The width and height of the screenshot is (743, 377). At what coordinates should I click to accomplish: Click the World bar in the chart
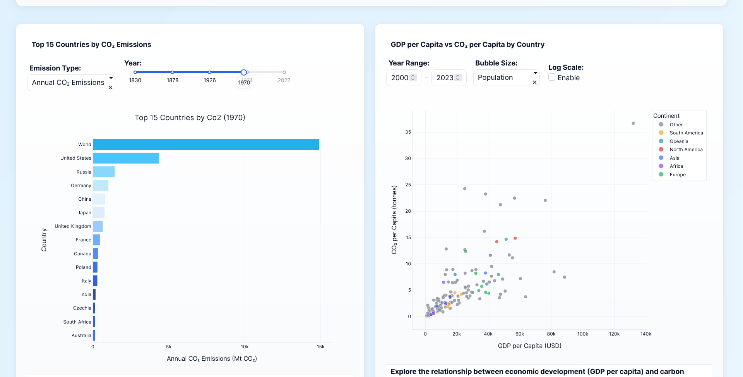click(206, 145)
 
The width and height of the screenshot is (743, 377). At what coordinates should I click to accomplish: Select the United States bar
click(126, 158)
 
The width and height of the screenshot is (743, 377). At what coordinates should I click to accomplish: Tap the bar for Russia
click(104, 172)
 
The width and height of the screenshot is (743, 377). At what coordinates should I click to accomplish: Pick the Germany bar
click(101, 185)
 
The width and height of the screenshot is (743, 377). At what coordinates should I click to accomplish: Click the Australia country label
click(81, 336)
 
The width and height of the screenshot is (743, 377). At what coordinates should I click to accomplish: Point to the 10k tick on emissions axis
click(245, 347)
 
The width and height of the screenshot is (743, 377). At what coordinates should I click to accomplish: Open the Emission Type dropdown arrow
click(111, 78)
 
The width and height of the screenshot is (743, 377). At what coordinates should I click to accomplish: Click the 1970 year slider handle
click(244, 72)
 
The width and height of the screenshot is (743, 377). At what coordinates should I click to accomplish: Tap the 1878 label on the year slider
click(173, 80)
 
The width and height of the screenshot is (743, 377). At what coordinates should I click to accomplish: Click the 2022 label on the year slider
click(284, 80)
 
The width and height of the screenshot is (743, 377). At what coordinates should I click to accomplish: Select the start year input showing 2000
click(400, 78)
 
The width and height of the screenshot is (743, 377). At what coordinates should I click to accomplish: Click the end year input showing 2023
click(445, 78)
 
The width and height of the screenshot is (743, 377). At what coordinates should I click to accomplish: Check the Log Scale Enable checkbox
click(552, 77)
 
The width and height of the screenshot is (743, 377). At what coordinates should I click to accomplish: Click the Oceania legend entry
click(679, 141)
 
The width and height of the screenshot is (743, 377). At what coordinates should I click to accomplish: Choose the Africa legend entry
click(676, 166)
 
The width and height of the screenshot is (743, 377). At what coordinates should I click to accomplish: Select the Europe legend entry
click(677, 175)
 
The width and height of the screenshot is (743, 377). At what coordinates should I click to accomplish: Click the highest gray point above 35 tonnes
click(633, 123)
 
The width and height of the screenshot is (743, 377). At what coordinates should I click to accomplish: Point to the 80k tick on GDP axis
click(551, 334)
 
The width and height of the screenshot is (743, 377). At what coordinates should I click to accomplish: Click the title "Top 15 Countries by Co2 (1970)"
click(190, 118)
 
